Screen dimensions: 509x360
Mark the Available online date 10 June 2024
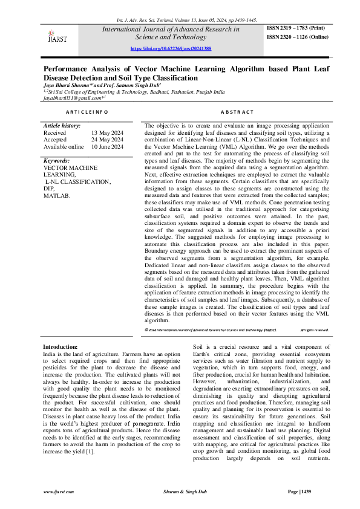[107, 146]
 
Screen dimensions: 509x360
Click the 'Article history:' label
[62, 125]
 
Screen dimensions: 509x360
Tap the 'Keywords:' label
[57, 161]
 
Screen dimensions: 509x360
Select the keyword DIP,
[49, 189]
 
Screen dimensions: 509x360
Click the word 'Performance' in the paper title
[68, 70]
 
